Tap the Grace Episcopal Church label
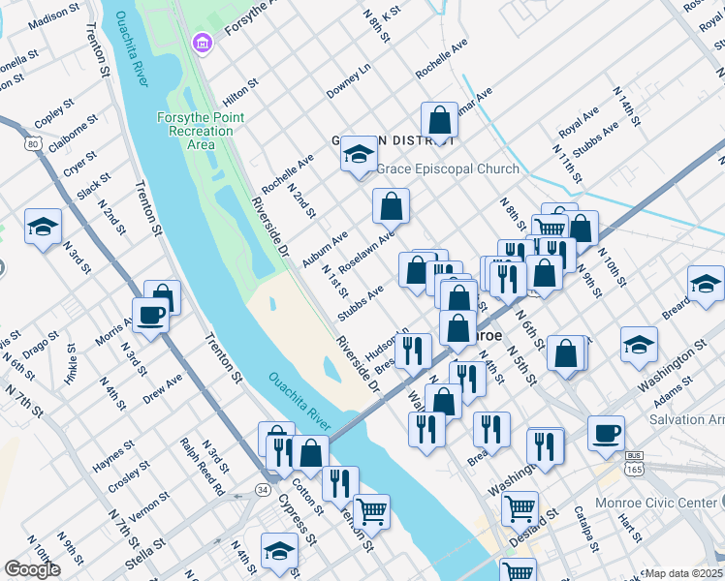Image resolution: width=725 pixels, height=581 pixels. pyautogui.click(x=447, y=168)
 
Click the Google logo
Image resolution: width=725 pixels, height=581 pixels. pyautogui.click(x=32, y=569)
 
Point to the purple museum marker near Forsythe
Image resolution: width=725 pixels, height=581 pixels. pyautogui.click(x=202, y=43)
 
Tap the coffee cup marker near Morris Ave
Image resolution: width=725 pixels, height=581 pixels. pyautogui.click(x=150, y=316)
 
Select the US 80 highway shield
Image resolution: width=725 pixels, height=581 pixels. pyautogui.click(x=34, y=144)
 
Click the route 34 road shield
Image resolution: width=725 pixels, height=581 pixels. pyautogui.click(x=263, y=491)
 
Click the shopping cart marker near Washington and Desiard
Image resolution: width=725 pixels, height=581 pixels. pyautogui.click(x=520, y=506)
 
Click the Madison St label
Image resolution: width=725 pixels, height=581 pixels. pyautogui.click(x=54, y=15)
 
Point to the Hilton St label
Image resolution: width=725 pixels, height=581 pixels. pyautogui.click(x=239, y=91)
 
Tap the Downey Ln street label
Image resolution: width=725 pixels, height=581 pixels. pyautogui.click(x=348, y=81)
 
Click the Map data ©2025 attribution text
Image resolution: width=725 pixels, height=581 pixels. pyautogui.click(x=684, y=573)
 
